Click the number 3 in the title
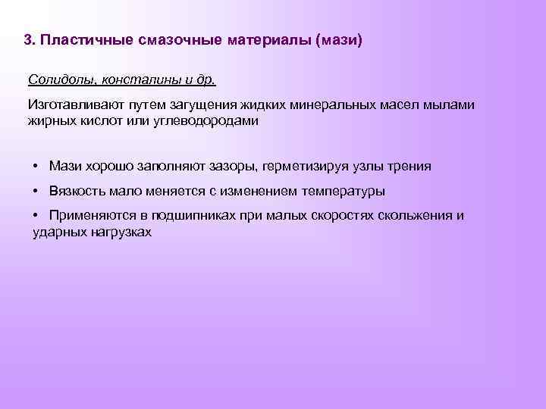28,39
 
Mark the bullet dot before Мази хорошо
36,166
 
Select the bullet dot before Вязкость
36,191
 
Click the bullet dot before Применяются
36,216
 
